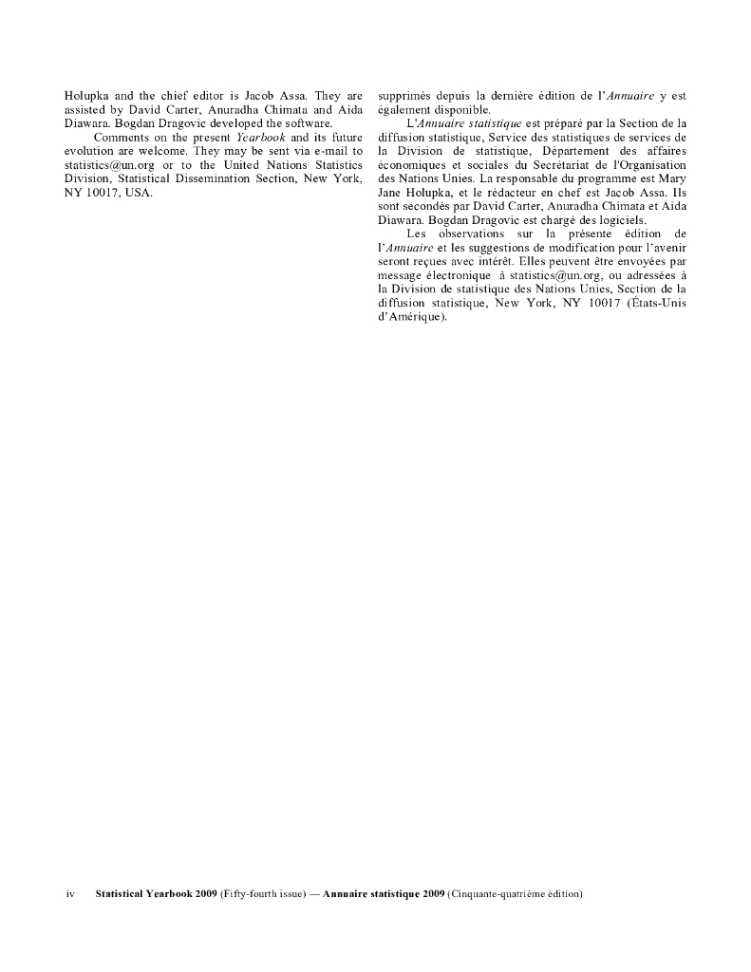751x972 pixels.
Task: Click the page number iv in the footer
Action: (69, 894)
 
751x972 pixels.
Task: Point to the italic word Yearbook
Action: (259, 138)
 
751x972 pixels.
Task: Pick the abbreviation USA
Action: (139, 192)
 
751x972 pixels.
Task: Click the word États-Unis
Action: (655, 303)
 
